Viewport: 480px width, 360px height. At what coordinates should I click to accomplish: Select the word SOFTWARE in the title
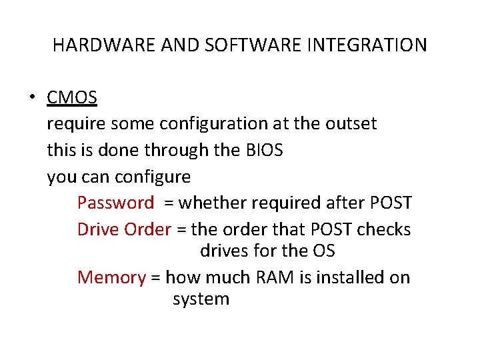[236, 45]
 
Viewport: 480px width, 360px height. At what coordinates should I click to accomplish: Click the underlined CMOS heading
[72, 98]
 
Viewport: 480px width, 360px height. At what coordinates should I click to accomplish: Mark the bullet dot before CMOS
[32, 99]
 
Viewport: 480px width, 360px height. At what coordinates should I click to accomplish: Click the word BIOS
[265, 151]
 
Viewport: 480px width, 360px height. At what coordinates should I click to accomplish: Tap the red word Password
[115, 203]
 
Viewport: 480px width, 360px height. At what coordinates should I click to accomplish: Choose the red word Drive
[98, 229]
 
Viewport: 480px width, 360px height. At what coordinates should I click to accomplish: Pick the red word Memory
[111, 277]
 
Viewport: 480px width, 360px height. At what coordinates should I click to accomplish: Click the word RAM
[273, 277]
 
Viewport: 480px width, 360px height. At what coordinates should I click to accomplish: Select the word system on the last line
[201, 299]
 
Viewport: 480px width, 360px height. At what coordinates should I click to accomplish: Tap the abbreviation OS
[323, 251]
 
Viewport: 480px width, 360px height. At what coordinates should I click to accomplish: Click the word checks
[384, 229]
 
